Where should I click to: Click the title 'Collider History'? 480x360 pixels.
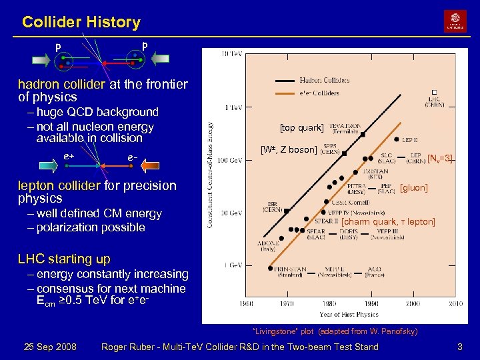coord(81,22)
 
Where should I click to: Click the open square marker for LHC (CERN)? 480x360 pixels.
coord(434,92)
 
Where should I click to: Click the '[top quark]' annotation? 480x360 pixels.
coord(302,127)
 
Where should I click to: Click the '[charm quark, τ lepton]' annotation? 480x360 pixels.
coord(388,221)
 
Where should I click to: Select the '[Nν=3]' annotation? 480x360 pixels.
coord(440,158)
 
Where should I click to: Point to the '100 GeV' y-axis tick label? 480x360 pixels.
coord(231,160)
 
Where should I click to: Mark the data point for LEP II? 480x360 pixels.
coord(397,139)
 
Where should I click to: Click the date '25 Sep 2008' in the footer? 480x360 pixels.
coord(49,347)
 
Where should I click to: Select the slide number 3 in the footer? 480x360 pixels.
coord(459,347)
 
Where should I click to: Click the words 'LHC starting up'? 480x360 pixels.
coord(64,259)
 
